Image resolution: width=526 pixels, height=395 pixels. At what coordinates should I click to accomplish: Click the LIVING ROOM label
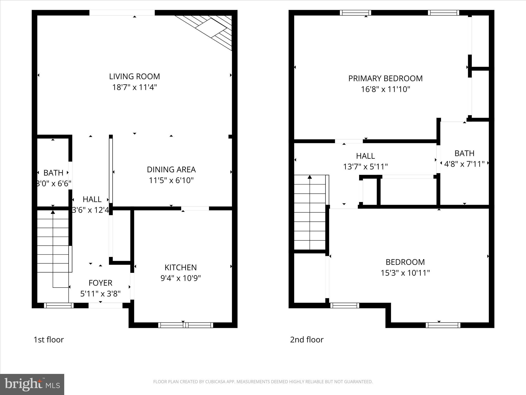tap(134, 76)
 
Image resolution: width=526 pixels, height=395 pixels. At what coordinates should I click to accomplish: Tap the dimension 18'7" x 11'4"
tap(134, 87)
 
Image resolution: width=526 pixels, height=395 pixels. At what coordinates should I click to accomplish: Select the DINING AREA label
tap(171, 169)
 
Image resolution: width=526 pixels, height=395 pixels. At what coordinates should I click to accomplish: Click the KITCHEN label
tap(181, 267)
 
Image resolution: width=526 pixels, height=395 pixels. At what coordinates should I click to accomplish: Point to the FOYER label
tap(100, 283)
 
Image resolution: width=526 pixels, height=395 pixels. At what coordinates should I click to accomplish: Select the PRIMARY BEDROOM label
tap(385, 78)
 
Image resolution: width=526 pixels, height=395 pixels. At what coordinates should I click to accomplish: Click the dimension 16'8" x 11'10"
tap(385, 89)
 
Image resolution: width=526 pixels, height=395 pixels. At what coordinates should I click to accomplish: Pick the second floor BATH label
tap(464, 153)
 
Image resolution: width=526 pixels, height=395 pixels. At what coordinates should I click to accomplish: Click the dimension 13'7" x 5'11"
tap(365, 167)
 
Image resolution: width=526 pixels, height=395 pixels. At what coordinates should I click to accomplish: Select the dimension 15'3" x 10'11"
tap(405, 273)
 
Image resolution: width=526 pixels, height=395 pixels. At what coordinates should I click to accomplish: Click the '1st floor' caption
tap(49, 340)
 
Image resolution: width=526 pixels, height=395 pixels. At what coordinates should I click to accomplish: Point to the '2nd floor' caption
tap(307, 340)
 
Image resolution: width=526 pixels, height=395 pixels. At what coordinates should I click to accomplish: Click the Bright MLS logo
tap(32, 384)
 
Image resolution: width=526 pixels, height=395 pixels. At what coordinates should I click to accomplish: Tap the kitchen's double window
tap(185, 325)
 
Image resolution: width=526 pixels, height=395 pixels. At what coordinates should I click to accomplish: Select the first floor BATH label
tap(53, 173)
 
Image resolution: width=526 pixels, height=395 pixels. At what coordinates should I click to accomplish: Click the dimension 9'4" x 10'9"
tap(181, 278)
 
